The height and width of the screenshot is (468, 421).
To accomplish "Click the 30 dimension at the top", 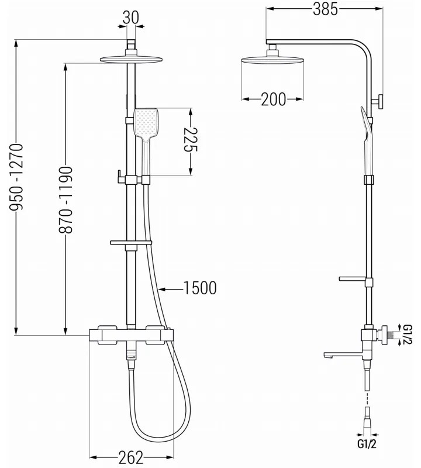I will point(131,18).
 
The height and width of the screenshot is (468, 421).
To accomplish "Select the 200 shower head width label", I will point(273,99).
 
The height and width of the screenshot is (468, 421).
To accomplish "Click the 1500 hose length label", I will point(199,288).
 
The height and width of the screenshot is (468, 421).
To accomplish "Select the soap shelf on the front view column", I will point(130,242).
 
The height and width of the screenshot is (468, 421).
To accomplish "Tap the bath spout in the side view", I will point(339,353).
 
